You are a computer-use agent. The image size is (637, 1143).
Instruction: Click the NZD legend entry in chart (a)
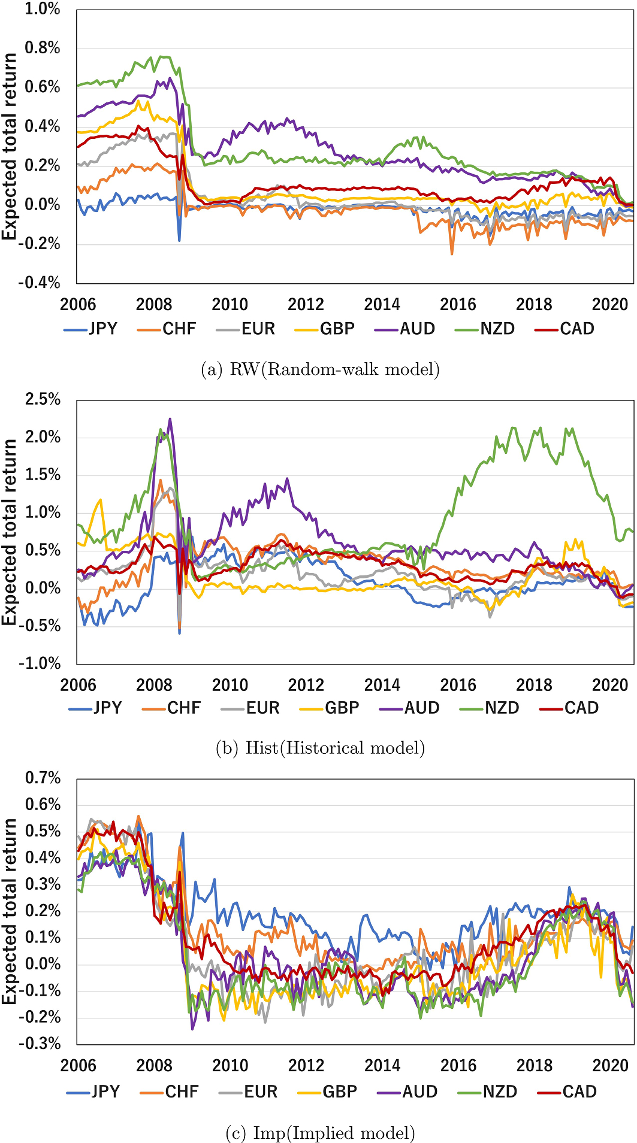[486, 329]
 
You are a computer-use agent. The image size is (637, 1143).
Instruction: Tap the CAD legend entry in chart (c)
[568, 1092]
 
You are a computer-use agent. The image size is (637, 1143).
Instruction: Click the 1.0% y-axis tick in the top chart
[42, 9]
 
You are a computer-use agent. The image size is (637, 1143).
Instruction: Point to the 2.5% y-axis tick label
[42, 399]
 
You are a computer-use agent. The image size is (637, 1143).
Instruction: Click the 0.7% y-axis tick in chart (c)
[42, 778]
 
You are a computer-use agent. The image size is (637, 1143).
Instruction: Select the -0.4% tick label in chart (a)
[40, 282]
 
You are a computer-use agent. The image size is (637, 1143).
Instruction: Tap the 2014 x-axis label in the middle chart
[382, 685]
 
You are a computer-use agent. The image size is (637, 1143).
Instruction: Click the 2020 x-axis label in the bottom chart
[610, 1066]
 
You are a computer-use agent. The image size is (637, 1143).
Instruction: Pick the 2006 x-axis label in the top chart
[78, 305]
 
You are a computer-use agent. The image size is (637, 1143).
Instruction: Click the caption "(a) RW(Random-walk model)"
[320, 369]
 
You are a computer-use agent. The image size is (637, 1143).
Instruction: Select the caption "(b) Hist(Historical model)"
[320, 748]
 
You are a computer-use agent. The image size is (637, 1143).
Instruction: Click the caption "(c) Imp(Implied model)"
[320, 1133]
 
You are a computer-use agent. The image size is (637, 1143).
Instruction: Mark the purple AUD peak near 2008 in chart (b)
[170, 419]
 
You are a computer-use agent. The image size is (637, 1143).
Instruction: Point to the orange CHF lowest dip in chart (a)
[452, 254]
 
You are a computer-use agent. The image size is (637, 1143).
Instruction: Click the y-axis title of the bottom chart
[9, 911]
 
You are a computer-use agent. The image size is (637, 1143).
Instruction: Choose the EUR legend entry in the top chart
[246, 329]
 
